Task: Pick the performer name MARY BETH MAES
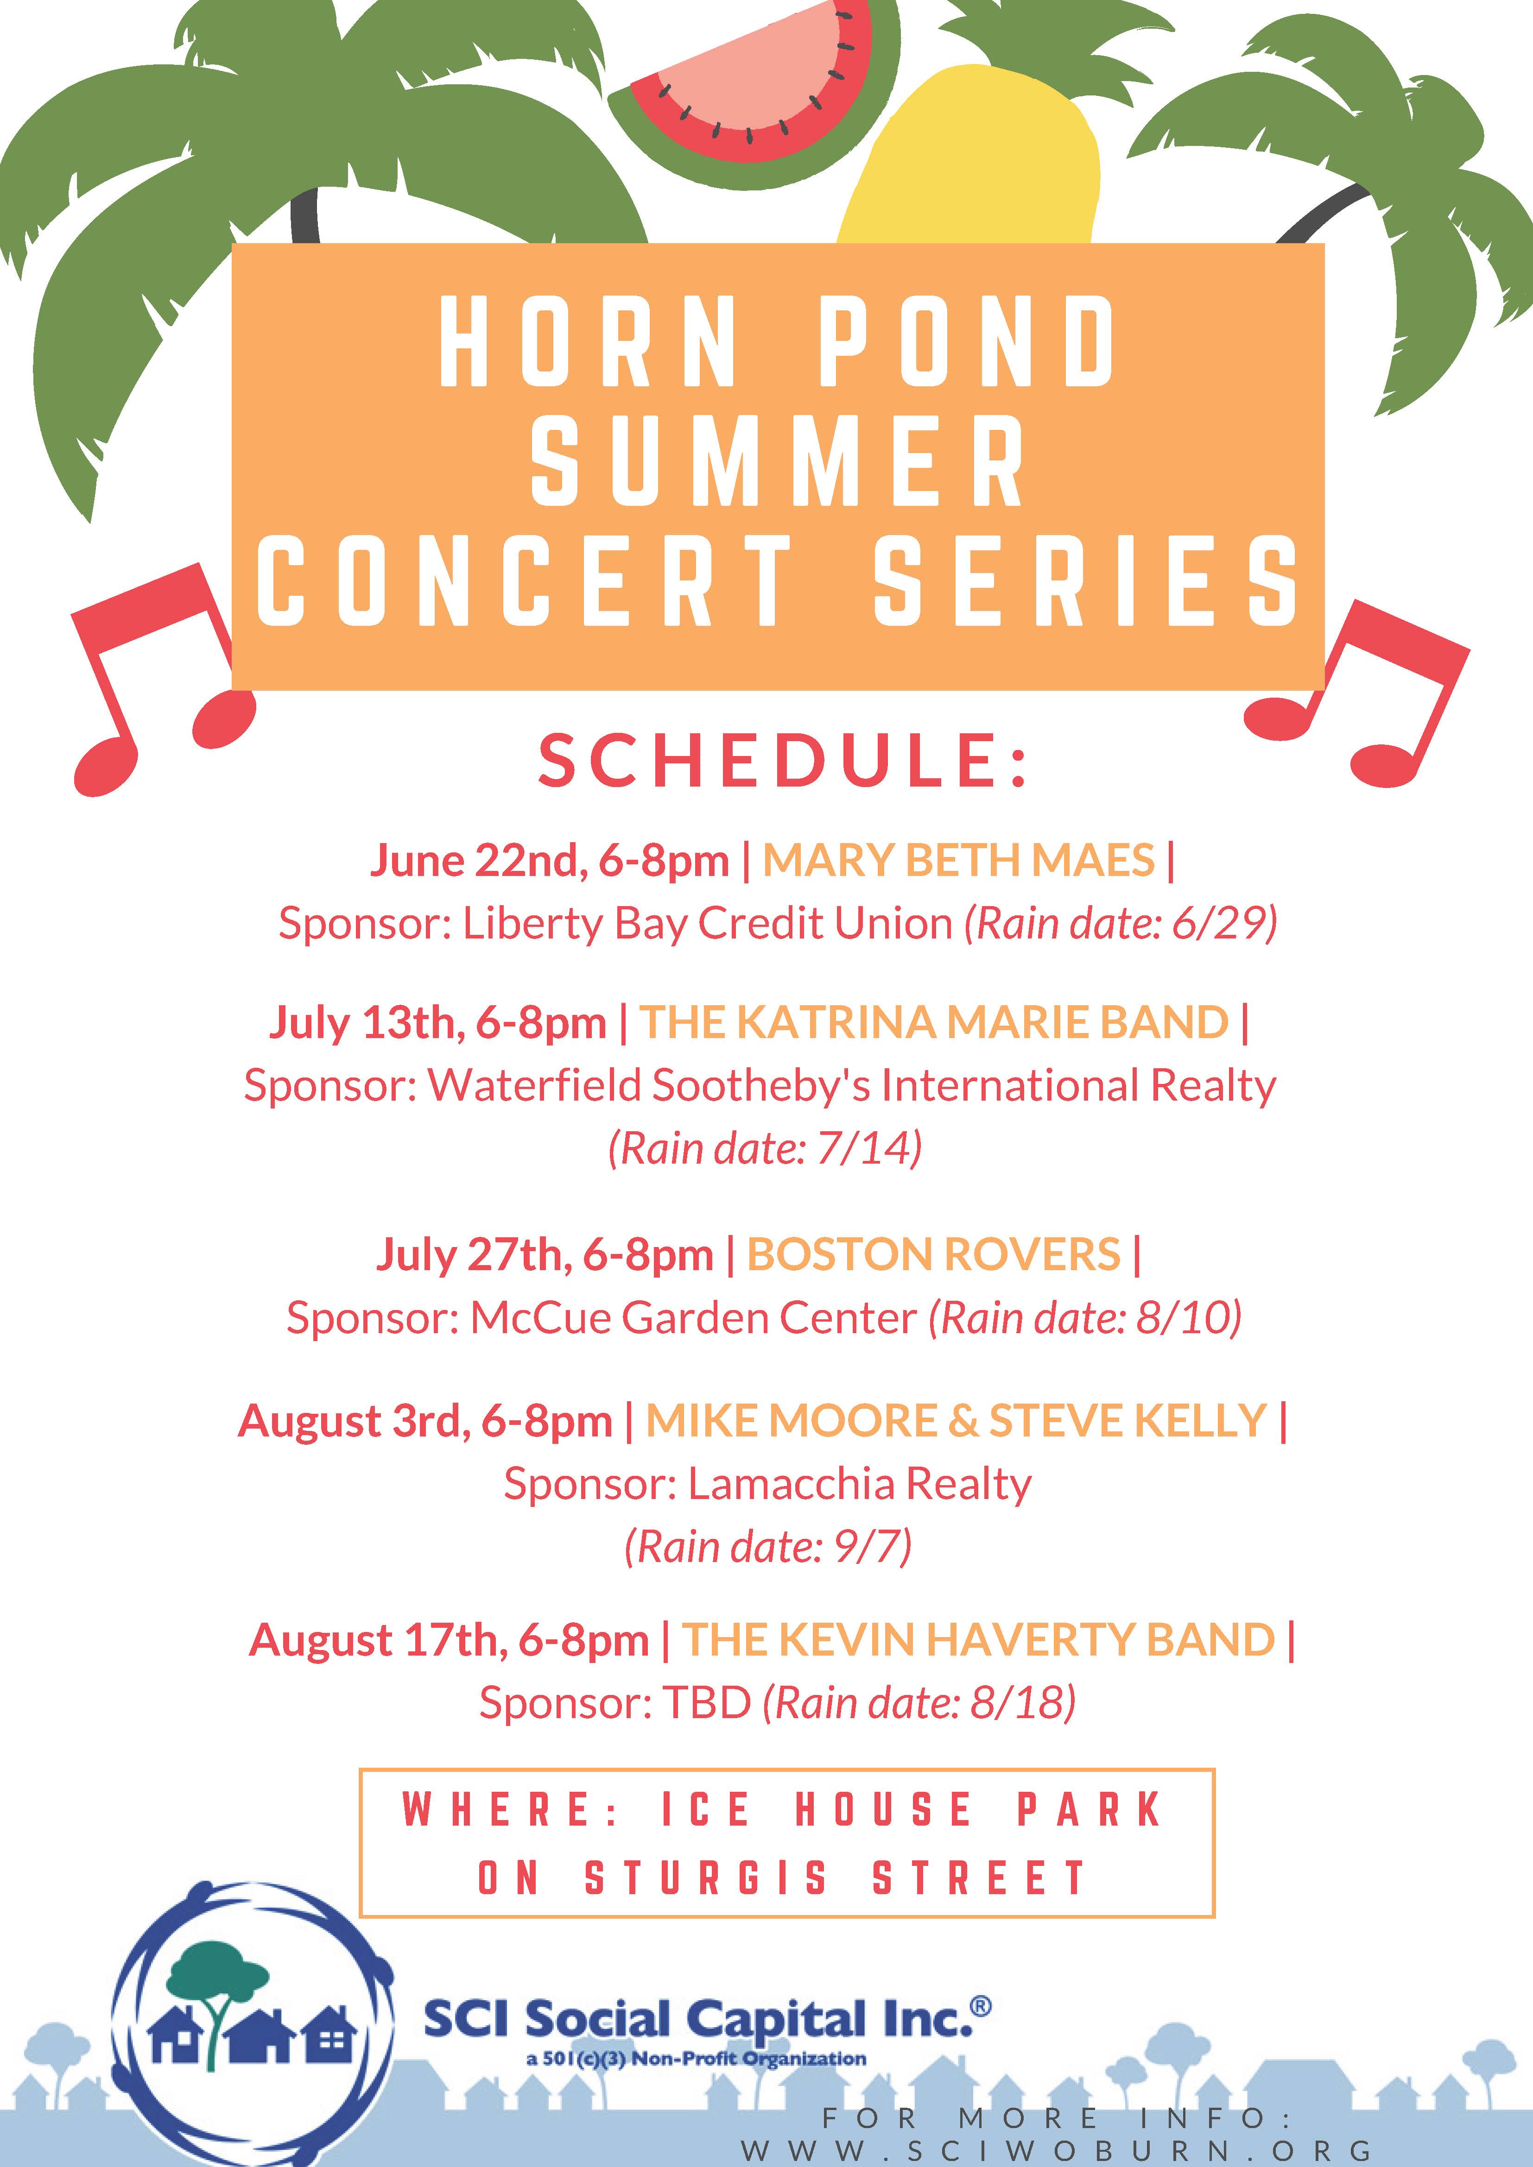pyautogui.click(x=958, y=860)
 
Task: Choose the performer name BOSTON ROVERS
pyautogui.click(x=933, y=1254)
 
